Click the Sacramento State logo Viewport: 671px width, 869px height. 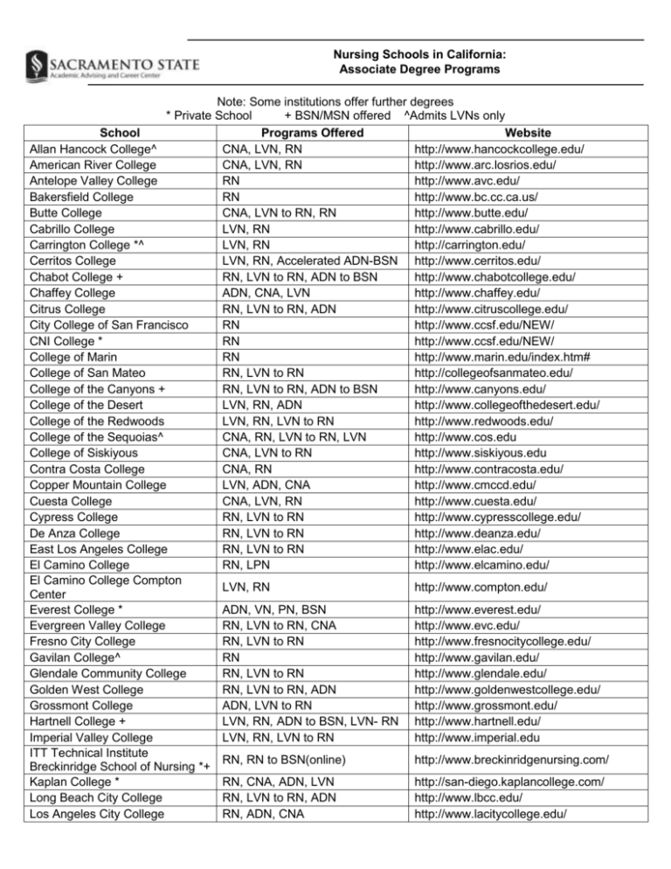point(112,66)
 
